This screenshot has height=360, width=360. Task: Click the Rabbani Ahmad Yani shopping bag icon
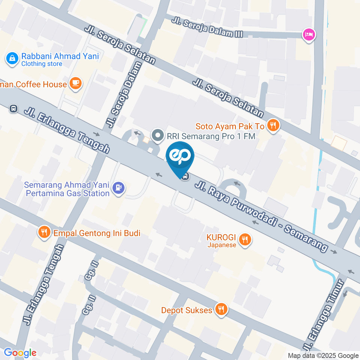point(12,58)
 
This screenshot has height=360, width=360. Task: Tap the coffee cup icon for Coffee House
point(76,84)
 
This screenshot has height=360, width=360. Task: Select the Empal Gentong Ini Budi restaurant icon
point(44,232)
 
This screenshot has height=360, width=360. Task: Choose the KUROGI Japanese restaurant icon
point(245,239)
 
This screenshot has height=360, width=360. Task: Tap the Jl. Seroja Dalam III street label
point(208,28)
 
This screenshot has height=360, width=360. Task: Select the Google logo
point(20,352)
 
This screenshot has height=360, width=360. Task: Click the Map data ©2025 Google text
point(323,355)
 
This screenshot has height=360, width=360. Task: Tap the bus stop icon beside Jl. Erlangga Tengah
point(13,109)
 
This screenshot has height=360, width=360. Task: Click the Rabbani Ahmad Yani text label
point(60,56)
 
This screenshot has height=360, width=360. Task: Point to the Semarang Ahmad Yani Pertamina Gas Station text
point(67,189)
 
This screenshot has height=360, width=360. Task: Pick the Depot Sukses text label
point(186,310)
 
